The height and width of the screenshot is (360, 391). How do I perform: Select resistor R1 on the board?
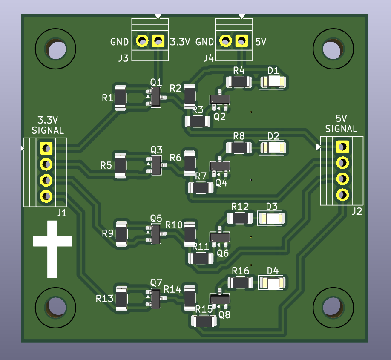click(x=120, y=98)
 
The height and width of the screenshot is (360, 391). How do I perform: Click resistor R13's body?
click(x=122, y=299)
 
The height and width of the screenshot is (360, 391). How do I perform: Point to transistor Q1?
click(x=155, y=98)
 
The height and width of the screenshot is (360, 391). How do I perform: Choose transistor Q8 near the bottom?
click(x=219, y=300)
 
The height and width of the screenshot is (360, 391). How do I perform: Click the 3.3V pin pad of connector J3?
click(x=158, y=41)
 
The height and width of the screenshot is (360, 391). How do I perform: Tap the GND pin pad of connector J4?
click(x=225, y=41)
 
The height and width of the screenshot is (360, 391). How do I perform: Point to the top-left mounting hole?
click(x=55, y=49)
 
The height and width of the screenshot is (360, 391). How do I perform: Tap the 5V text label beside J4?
click(x=261, y=42)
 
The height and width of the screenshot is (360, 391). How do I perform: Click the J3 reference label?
click(x=123, y=58)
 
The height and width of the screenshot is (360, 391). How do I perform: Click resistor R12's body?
click(x=240, y=219)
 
